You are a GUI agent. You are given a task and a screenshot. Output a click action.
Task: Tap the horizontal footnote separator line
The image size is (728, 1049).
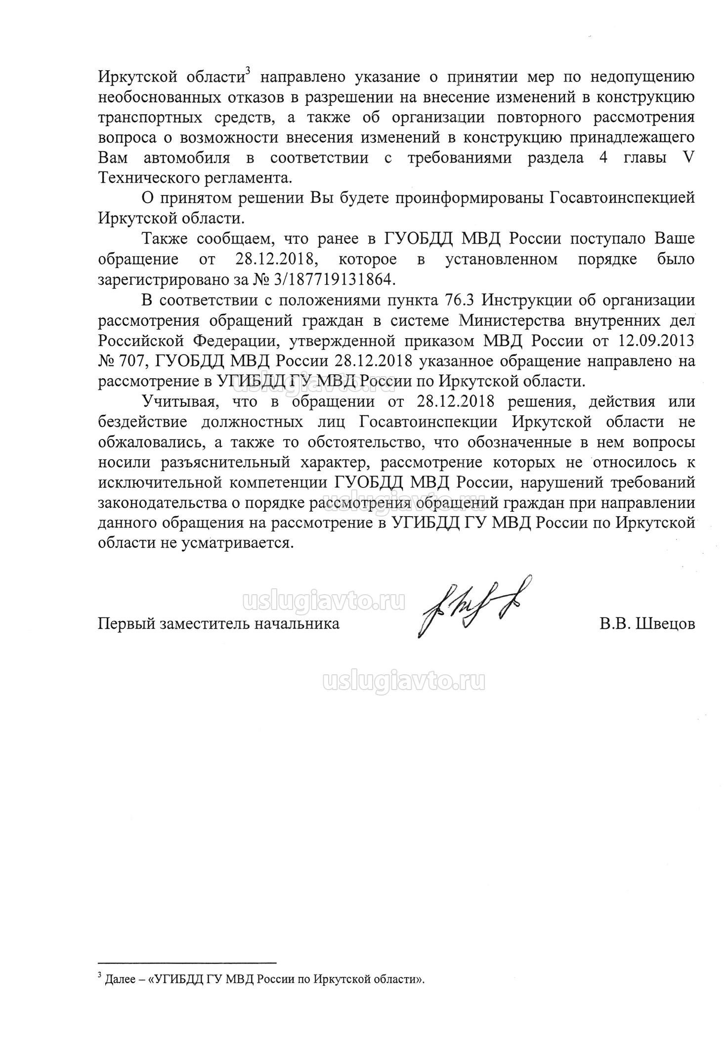click(x=187, y=962)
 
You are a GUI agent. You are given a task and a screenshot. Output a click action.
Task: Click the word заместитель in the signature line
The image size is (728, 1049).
click(x=204, y=623)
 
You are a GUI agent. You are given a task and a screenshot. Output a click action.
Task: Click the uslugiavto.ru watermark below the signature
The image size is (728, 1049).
click(x=403, y=682)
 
